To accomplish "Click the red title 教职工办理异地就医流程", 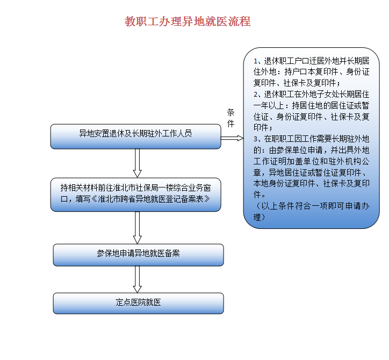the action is coord(188,21).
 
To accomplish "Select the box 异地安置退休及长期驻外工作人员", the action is coord(136,136).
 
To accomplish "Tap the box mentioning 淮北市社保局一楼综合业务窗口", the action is coord(136,195).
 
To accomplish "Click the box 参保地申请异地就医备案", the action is coord(139,255).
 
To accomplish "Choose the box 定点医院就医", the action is coord(139,304).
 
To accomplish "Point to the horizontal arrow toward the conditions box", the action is coord(232,138).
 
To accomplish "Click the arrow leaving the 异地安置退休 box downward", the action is coord(137,163).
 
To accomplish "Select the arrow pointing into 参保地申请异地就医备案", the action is coord(137,228).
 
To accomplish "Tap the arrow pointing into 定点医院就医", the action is coord(137,279).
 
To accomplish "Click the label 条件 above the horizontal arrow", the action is coord(230,118).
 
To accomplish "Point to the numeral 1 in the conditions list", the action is coord(255,61).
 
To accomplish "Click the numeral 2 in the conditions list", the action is coord(256,95).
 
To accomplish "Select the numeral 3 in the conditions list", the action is coord(256,139).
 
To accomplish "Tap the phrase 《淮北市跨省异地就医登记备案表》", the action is coord(151,199).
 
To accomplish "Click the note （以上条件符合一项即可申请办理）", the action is coord(311,212).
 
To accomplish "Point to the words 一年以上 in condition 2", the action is coord(269,106).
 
